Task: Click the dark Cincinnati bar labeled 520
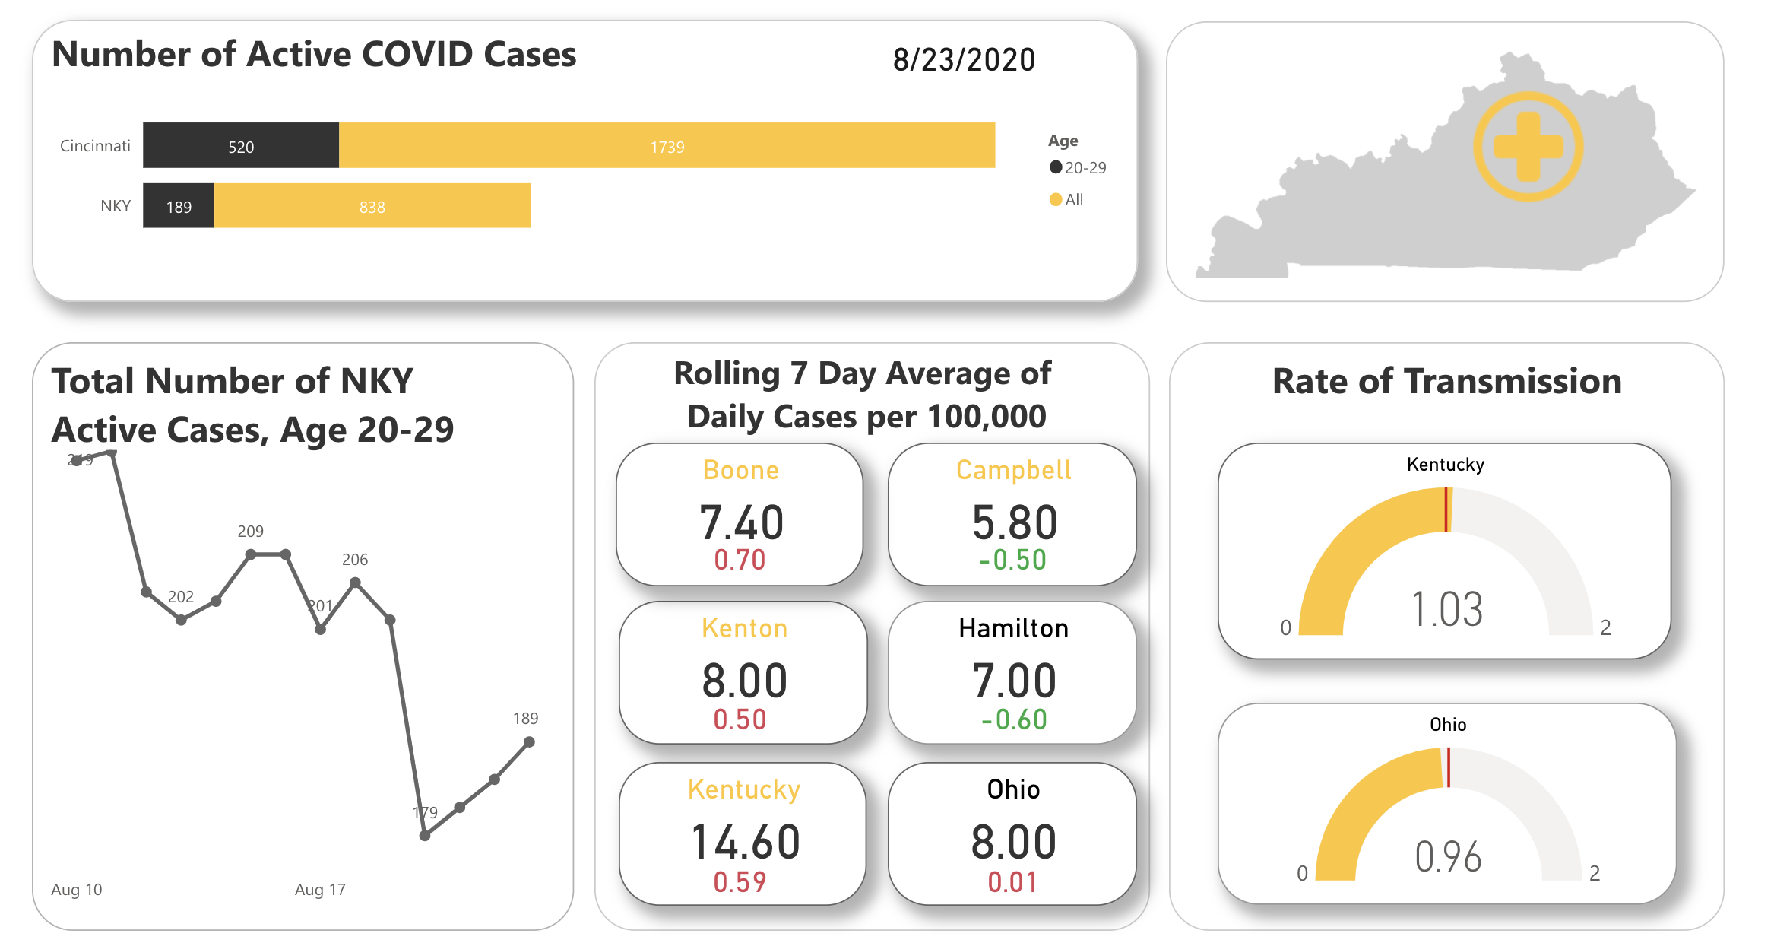pos(240,145)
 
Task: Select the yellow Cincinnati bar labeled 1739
pos(667,145)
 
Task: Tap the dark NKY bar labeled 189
pos(179,205)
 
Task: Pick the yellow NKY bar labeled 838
pos(372,205)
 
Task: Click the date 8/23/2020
pos(963,60)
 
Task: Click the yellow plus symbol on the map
pos(1528,147)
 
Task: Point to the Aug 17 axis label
pos(320,889)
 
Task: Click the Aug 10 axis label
pos(76,889)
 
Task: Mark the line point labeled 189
pos(529,741)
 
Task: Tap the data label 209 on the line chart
pos(250,531)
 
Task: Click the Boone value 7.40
pos(741,522)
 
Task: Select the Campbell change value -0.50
pos(1012,560)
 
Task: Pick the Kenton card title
pos(744,628)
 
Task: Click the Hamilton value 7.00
pos(1014,681)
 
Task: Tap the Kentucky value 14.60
pos(745,842)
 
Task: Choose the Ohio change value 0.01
pos(1012,882)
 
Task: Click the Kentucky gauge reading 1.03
pos(1446,609)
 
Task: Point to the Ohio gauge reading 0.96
pos(1448,857)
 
